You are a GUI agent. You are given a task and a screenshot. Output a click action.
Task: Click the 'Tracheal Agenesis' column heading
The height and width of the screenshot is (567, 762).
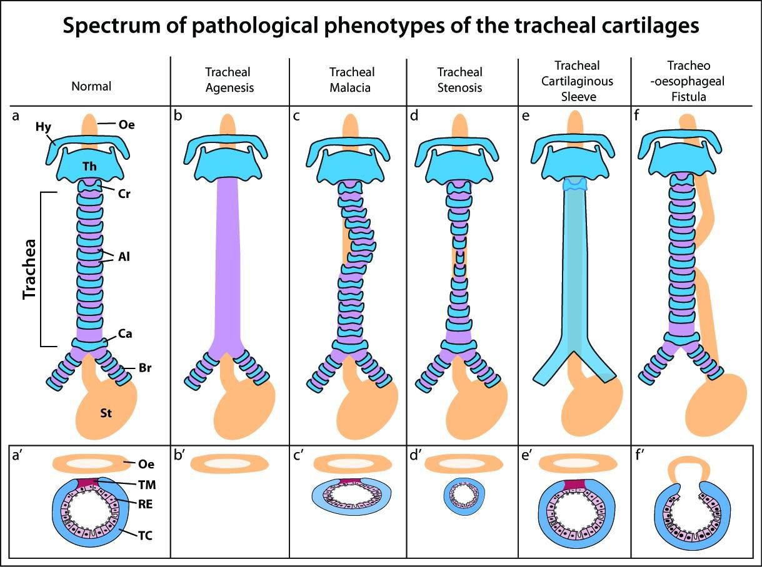230,80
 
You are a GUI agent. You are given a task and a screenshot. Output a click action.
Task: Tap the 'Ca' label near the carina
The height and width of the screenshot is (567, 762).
125,335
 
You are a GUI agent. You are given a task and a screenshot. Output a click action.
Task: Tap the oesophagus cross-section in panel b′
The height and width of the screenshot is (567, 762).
229,463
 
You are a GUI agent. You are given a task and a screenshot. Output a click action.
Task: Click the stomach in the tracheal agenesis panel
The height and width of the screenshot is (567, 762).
246,408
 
